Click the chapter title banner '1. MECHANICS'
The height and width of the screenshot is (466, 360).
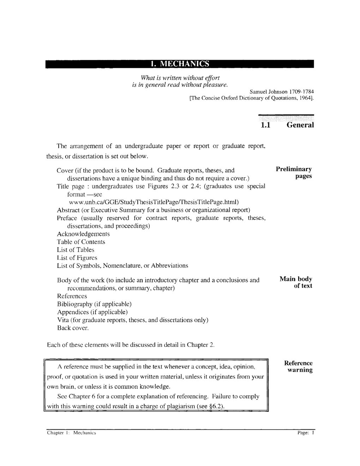pyautogui.click(x=180, y=64)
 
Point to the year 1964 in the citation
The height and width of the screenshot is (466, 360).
pyautogui.click(x=306, y=99)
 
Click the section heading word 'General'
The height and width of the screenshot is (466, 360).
pyautogui.click(x=300, y=125)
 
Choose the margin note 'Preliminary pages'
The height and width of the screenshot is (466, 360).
pyautogui.click(x=294, y=173)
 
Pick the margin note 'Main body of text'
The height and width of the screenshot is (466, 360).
pyautogui.click(x=296, y=282)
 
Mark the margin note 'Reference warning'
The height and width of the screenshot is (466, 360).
pyautogui.click(x=298, y=366)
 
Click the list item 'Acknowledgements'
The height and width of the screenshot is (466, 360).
pyautogui.click(x=83, y=234)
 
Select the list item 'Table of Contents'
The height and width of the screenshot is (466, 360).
pyautogui.click(x=81, y=242)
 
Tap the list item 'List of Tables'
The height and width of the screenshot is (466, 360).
pyautogui.click(x=76, y=250)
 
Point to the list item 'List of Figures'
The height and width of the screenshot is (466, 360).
pyautogui.click(x=77, y=258)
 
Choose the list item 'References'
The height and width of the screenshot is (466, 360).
pyautogui.click(x=72, y=296)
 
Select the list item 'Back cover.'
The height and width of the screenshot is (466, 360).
pyautogui.click(x=73, y=328)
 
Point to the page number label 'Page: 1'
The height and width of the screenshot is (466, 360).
pyautogui.click(x=306, y=432)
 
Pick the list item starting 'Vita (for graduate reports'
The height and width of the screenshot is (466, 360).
pyautogui.click(x=133, y=320)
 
